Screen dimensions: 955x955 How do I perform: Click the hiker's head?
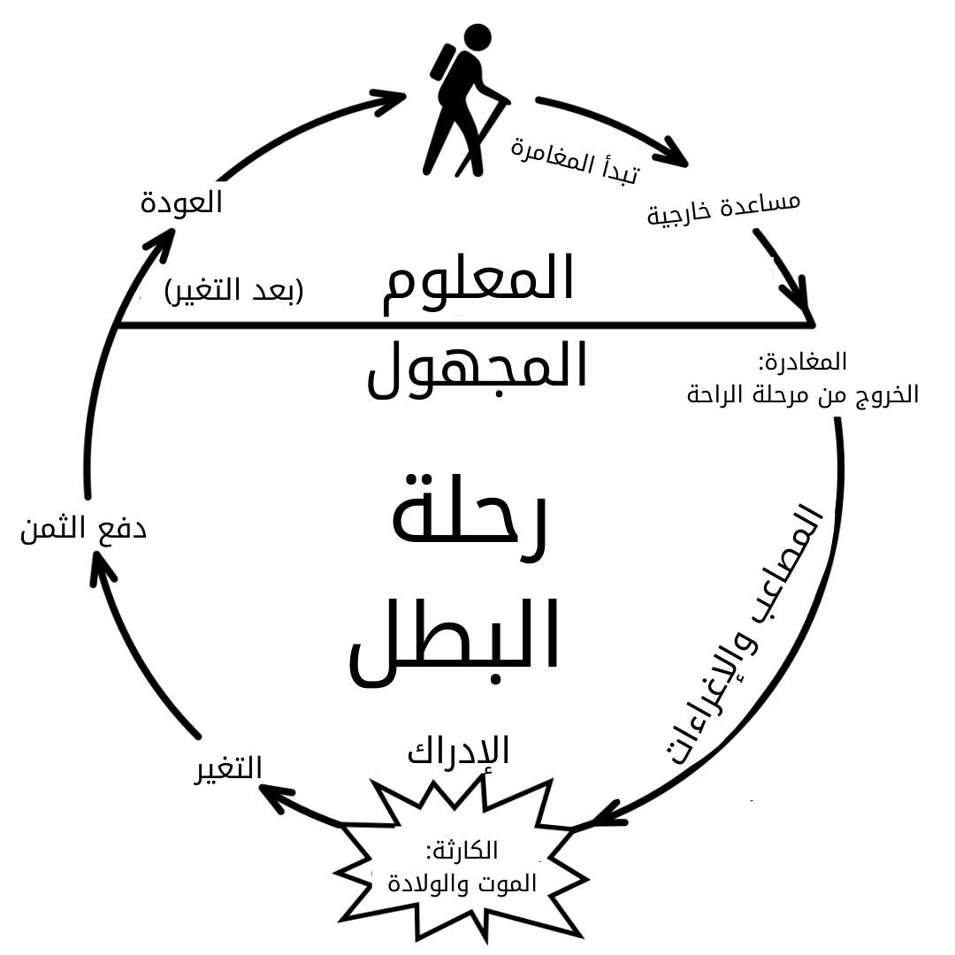(477, 37)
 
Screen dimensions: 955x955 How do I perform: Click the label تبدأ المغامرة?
(574, 157)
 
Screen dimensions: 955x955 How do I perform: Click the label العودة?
(181, 202)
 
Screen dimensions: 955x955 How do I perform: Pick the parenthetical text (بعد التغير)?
(234, 290)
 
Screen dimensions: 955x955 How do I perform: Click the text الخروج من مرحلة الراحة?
(802, 394)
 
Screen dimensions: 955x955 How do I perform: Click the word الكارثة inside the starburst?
(462, 851)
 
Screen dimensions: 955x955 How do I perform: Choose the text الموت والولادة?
(462, 883)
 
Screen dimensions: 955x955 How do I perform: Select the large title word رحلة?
(470, 522)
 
